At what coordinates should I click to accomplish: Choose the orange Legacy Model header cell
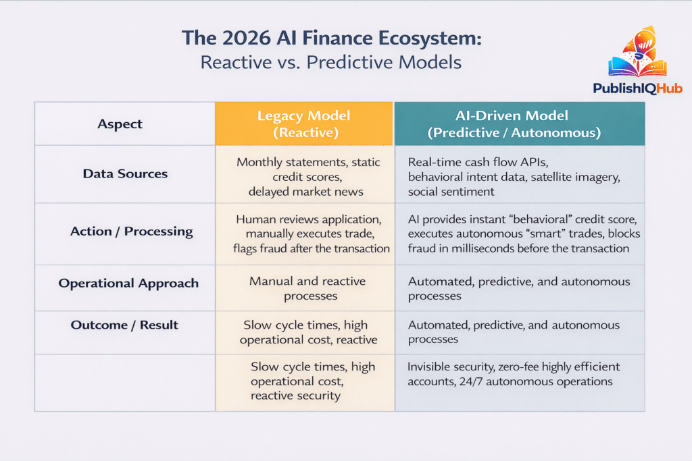[x=303, y=124]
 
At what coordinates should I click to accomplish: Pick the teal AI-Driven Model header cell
[x=519, y=124]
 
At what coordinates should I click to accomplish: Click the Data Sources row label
[x=124, y=173]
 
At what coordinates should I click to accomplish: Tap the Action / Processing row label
[x=131, y=232]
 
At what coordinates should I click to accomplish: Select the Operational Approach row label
[x=128, y=283]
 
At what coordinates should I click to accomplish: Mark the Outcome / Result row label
[x=124, y=325]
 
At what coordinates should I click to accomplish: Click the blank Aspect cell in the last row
[x=124, y=383]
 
